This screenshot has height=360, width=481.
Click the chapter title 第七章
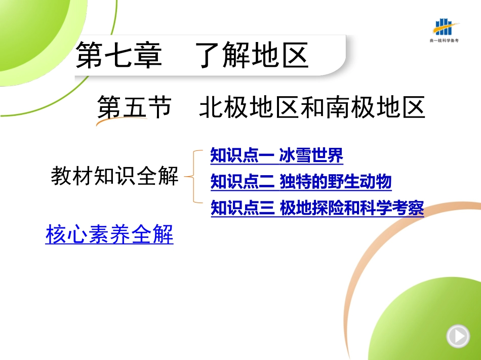click(118, 55)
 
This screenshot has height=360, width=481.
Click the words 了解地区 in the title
click(252, 55)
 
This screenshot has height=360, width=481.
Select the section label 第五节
click(134, 107)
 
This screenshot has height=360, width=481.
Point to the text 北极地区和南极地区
click(312, 107)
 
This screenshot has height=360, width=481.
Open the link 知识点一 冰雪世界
click(276, 155)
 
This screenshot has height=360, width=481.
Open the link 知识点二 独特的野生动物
click(301, 182)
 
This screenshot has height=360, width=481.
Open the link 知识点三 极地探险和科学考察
click(317, 208)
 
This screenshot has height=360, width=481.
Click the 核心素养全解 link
click(109, 234)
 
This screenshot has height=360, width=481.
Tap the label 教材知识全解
click(115, 176)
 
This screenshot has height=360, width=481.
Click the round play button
click(458, 336)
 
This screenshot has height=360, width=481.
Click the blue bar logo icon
click(445, 27)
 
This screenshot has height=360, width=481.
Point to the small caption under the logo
click(444, 41)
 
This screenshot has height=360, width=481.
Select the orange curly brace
click(193, 176)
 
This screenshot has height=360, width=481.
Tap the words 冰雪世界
click(311, 155)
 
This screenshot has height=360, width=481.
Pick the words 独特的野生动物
click(336, 182)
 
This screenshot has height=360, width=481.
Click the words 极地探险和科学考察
click(352, 208)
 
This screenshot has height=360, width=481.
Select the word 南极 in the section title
click(350, 107)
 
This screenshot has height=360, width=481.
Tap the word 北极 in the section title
click(224, 107)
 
